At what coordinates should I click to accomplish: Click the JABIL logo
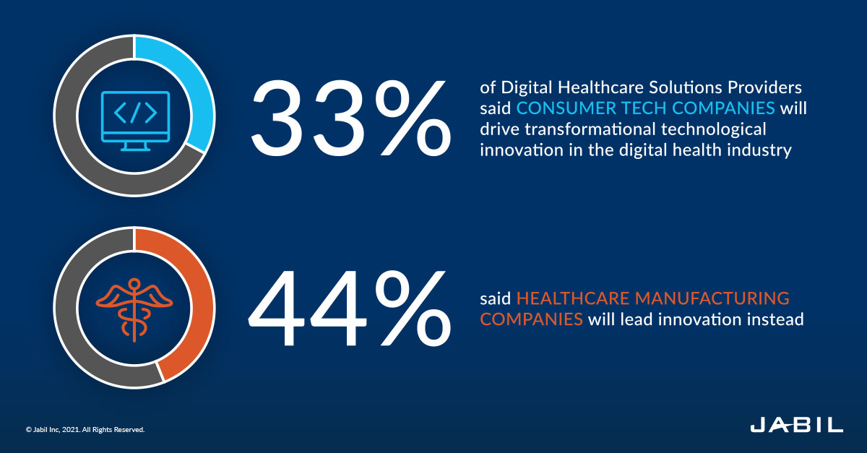(795, 426)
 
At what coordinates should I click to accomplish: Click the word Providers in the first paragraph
(765, 88)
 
